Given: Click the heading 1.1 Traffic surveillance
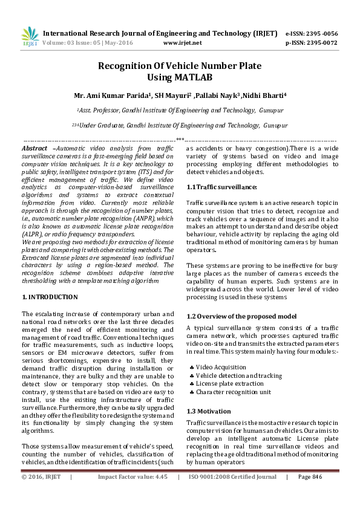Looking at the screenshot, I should [x=221, y=187].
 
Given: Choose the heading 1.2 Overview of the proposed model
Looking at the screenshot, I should [x=241, y=316].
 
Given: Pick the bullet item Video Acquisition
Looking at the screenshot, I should [x=221, y=367].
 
